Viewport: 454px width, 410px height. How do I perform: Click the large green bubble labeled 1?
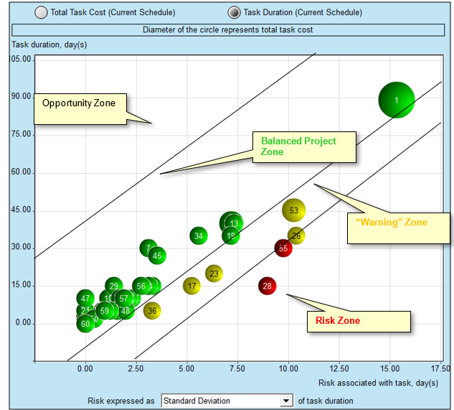tap(396, 100)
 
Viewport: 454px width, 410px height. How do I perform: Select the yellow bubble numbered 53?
tap(294, 210)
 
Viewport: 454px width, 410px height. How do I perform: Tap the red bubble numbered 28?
tap(268, 286)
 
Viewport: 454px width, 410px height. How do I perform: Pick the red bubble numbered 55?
tap(283, 248)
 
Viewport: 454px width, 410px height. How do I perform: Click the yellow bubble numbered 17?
tap(191, 286)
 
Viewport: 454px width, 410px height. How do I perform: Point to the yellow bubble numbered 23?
tap(214, 274)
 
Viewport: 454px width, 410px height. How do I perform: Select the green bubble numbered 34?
tap(199, 236)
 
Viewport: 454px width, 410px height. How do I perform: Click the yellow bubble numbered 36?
tap(152, 310)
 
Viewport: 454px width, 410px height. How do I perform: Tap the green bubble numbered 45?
tap(157, 256)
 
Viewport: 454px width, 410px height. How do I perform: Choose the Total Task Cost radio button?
tap(42, 12)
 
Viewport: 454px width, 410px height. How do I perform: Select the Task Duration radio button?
tap(234, 12)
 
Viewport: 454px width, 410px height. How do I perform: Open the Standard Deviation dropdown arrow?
tap(287, 400)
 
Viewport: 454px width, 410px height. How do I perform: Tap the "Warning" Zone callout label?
tap(391, 223)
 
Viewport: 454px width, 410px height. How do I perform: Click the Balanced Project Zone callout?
tap(298, 146)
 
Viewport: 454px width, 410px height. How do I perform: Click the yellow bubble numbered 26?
tap(296, 236)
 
